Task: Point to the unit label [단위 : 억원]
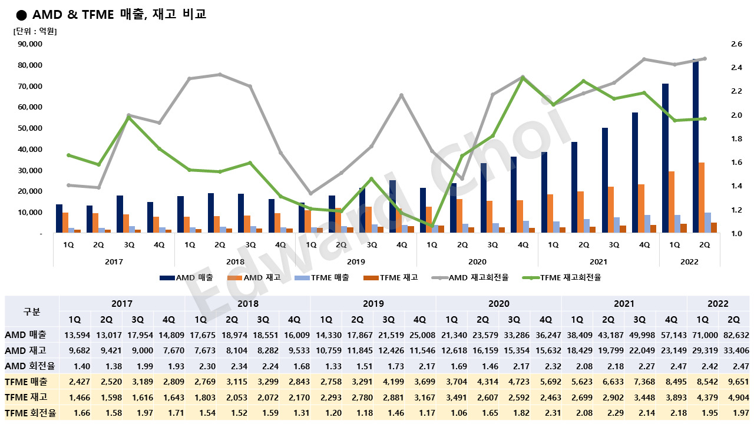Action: click(x=35, y=31)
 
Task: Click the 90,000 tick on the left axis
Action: click(x=30, y=44)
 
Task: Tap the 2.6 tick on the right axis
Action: click(x=720, y=44)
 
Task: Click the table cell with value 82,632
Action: click(x=733, y=334)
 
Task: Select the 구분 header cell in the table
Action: click(x=32, y=312)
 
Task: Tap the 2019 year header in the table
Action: click(x=373, y=304)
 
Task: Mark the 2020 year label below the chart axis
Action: click(x=477, y=261)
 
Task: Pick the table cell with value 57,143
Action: click(x=671, y=334)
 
